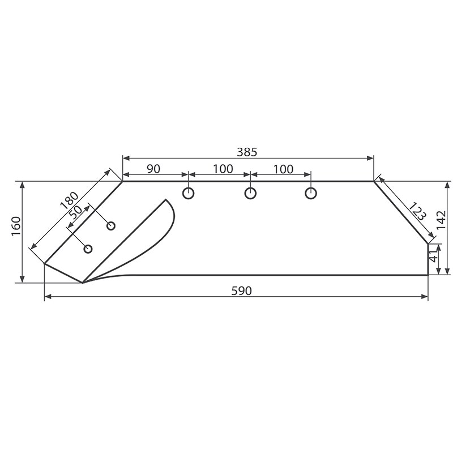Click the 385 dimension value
click(247, 152)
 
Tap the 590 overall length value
click(242, 290)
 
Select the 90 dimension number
click(153, 169)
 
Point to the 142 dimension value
click(441, 221)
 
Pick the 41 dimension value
click(433, 257)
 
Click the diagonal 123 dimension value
click(418, 212)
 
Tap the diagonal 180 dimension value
click(69, 200)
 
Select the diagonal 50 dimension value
click(76, 213)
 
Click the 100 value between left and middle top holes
click(223, 169)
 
